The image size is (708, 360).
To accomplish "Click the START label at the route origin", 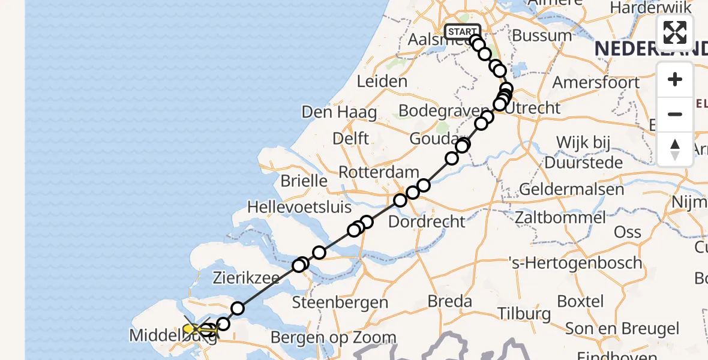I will (462, 31).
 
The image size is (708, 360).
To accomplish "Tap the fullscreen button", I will (675, 32).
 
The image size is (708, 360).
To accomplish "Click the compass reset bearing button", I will (675, 149).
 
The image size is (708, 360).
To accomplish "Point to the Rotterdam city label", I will (379, 172).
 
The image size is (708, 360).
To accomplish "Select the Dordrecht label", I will (427, 221).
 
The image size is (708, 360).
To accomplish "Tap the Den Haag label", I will (339, 112).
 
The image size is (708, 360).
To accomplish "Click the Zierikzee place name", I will (247, 278).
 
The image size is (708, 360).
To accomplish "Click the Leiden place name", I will (382, 81).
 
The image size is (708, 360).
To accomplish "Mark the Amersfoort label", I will (596, 82).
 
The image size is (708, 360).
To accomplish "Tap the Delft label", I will (351, 139).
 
